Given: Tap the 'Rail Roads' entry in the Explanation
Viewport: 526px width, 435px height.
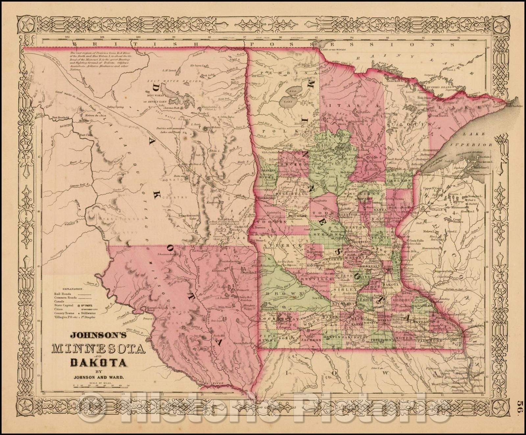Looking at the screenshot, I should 62,294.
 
